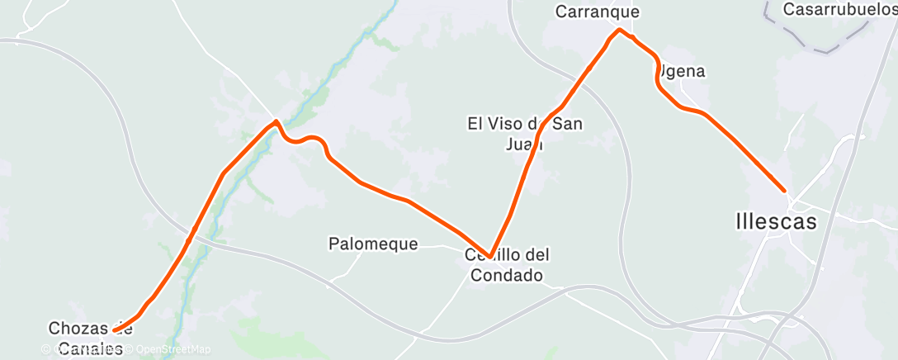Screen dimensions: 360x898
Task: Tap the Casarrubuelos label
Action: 839,10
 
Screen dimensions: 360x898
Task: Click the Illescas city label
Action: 775,221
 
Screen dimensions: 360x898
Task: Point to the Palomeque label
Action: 373,244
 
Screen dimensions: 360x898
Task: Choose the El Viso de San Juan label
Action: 525,134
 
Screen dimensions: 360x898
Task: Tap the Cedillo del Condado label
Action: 507,265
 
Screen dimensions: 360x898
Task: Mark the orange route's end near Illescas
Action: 784,190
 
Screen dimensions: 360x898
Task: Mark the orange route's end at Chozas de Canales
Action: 114,330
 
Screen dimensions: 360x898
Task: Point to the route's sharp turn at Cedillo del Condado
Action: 490,257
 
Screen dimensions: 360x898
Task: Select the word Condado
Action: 507,275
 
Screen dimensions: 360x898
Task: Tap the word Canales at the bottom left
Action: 86,348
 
